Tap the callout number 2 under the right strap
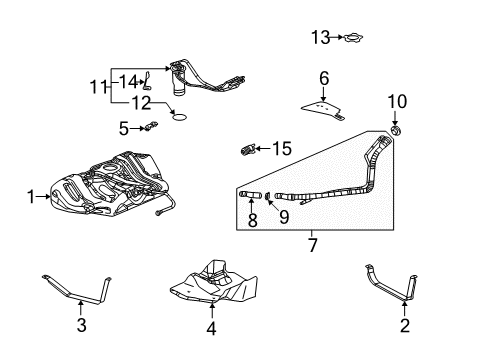(404, 324)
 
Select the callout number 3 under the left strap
(81, 324)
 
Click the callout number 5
(124, 127)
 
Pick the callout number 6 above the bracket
(323, 77)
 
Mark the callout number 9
(283, 216)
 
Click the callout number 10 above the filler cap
(396, 102)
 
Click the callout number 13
(319, 38)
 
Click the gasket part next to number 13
(353, 39)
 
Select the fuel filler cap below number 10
(396, 131)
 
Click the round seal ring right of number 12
(180, 115)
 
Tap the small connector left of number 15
(250, 151)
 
